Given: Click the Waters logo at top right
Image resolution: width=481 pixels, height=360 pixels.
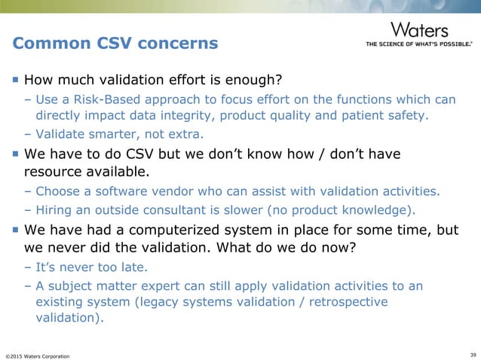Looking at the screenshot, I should [419, 30].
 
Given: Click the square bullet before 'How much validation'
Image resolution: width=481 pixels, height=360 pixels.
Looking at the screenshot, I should [16, 78].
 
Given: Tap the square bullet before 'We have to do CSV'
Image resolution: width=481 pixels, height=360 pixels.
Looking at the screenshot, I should [16, 154].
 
